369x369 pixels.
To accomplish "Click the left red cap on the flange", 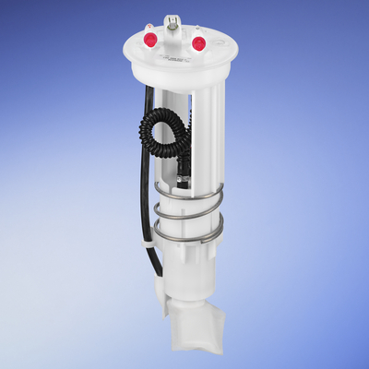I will click(149, 40).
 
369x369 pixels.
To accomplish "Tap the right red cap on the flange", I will click(197, 42).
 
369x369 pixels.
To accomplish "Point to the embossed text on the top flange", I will click(174, 57).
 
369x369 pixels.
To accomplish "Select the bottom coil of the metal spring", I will click(188, 243).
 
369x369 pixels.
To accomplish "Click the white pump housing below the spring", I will click(189, 277).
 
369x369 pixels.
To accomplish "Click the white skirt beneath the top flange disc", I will click(175, 79).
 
